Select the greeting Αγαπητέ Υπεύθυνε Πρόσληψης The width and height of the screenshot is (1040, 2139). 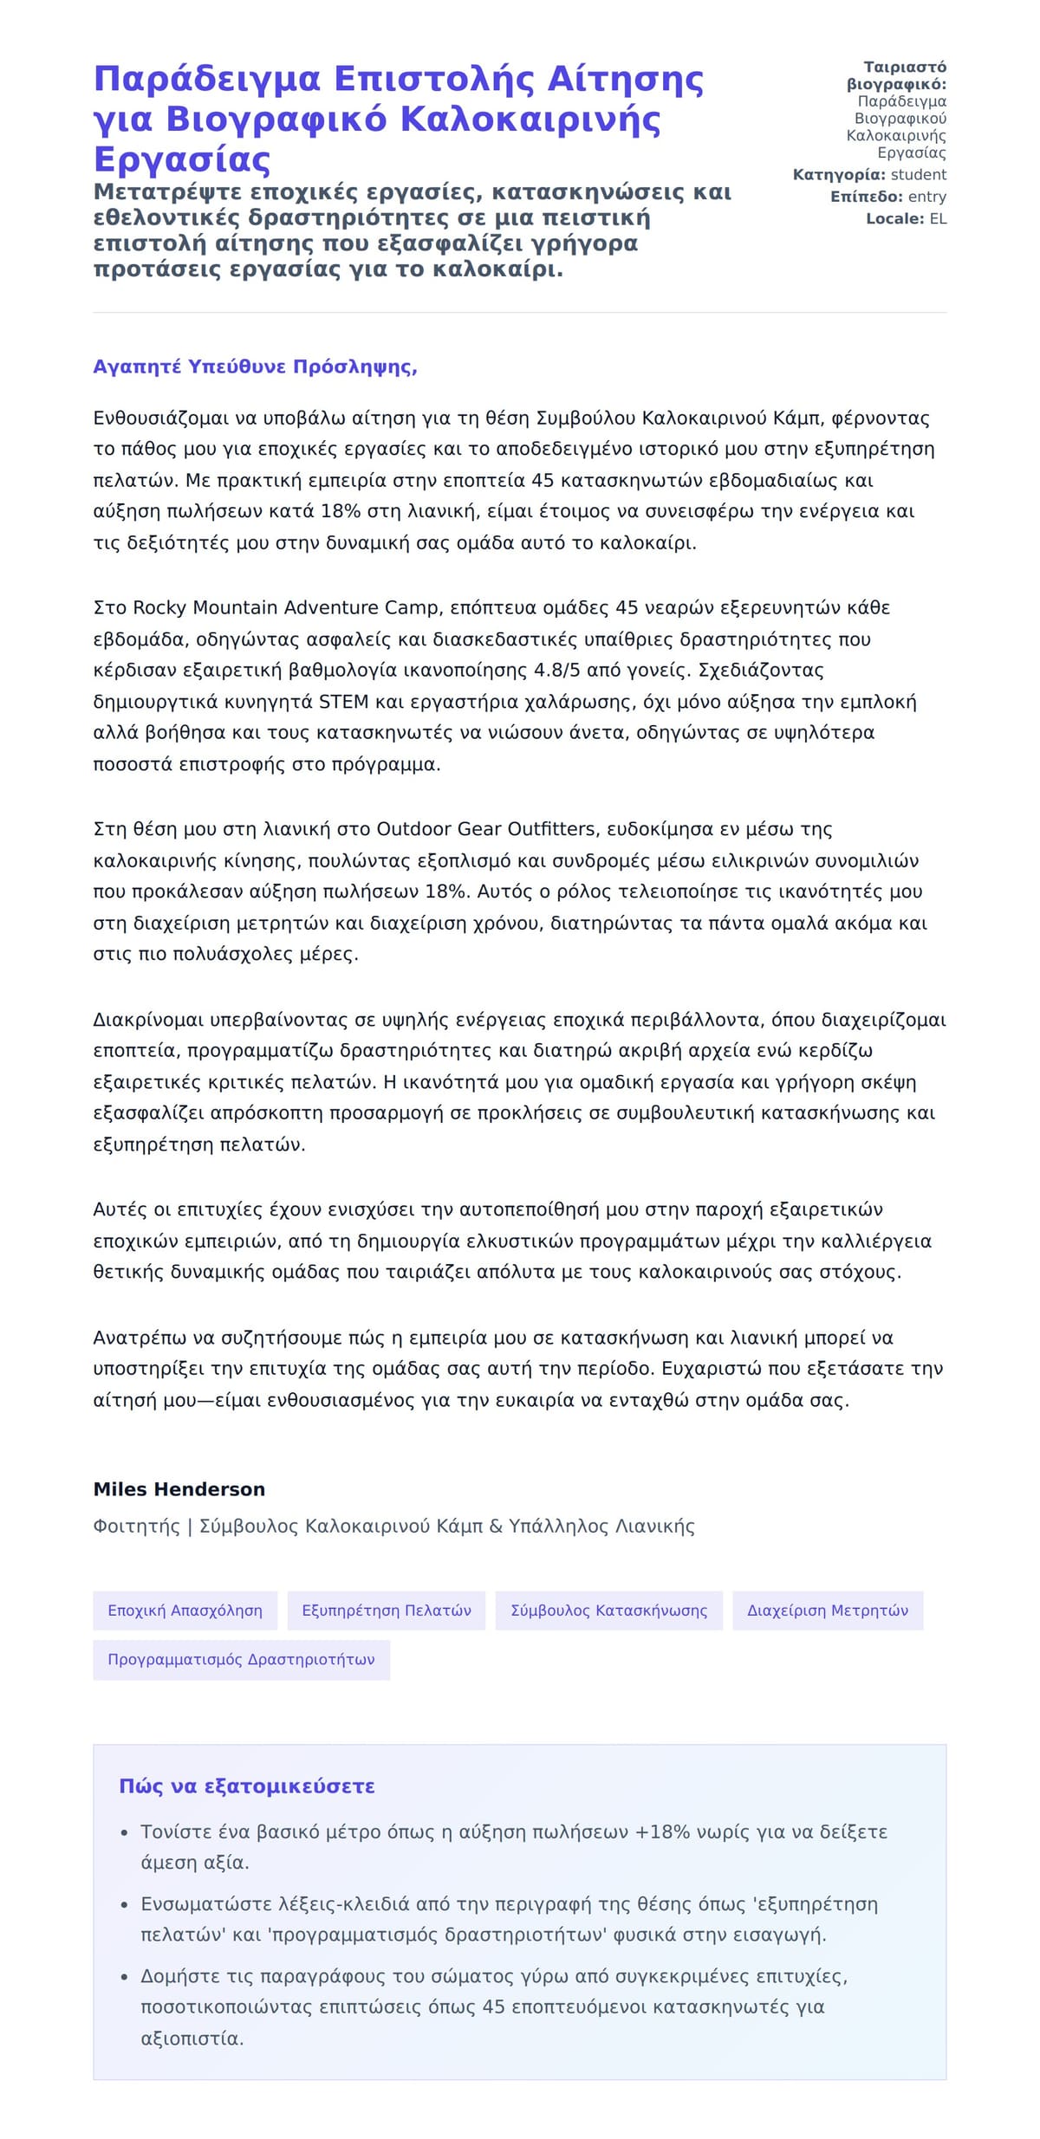click(255, 367)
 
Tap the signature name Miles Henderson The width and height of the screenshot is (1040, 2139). click(179, 1489)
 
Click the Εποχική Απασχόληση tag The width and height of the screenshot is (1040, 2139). click(185, 1611)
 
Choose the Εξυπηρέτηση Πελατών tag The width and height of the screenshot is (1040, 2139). click(387, 1611)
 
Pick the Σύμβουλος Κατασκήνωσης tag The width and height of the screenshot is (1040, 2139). click(608, 1611)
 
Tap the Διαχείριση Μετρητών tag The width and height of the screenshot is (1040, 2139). click(828, 1611)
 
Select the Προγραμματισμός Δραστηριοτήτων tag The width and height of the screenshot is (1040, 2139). click(241, 1660)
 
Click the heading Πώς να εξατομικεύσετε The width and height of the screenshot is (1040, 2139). click(247, 1786)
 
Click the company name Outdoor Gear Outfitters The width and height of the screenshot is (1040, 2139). click(486, 830)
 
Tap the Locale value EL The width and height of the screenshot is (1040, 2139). click(938, 219)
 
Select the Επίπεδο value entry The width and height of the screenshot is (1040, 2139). click(926, 198)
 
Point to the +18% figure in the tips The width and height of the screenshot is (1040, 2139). click(662, 1832)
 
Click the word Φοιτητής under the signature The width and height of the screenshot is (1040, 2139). click(136, 1526)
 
